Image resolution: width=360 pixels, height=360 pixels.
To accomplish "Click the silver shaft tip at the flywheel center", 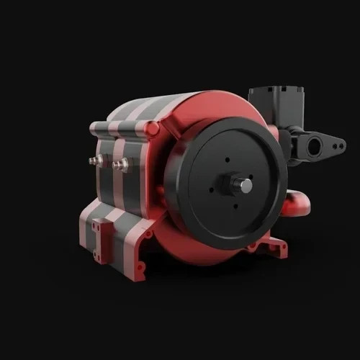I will pos(246,186).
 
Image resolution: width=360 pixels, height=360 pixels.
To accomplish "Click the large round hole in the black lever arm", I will pos(315,148).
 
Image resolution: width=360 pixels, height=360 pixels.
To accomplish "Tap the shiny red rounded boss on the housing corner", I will pos(152,129).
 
